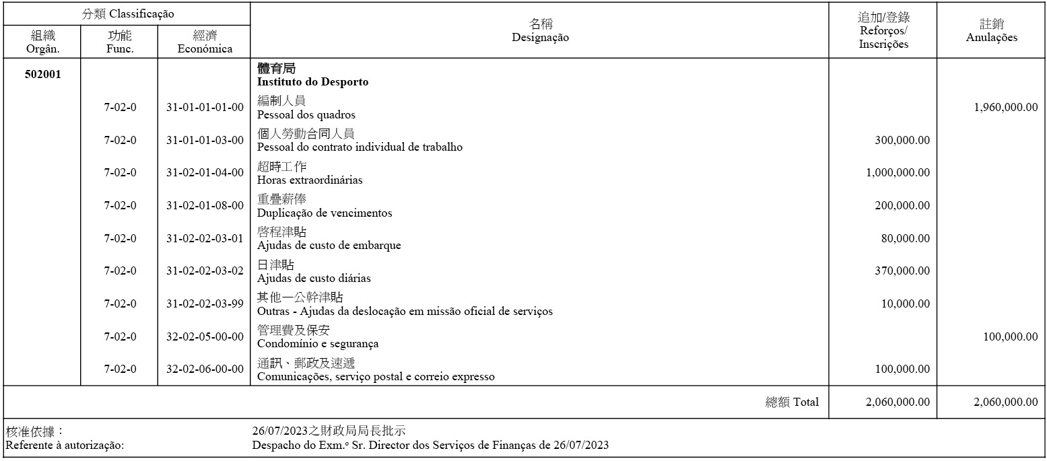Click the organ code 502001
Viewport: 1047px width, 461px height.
(x=42, y=75)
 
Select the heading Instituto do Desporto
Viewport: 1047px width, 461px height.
(x=312, y=82)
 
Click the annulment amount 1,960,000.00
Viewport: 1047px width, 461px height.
(x=1005, y=108)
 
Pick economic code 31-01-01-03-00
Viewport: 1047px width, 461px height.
(x=205, y=141)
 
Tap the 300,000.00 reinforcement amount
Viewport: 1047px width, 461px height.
(x=902, y=141)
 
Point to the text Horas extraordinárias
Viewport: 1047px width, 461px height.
(x=310, y=180)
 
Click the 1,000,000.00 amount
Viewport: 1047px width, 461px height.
(x=898, y=173)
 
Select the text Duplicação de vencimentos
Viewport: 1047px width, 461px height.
(x=325, y=213)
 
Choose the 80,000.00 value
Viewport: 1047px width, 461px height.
(x=905, y=239)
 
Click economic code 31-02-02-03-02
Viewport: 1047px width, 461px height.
(x=205, y=271)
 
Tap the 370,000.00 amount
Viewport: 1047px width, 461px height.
(x=902, y=271)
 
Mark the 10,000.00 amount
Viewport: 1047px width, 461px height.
(x=905, y=304)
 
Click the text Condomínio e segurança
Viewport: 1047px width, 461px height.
(x=318, y=344)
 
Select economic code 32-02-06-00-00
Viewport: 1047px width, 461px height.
(x=205, y=369)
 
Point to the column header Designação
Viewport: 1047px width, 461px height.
(x=540, y=38)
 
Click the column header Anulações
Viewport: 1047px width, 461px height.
(x=991, y=38)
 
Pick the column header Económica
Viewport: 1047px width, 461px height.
(x=205, y=48)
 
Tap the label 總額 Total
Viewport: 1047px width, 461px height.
(x=792, y=402)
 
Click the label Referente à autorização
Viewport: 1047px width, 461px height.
(x=65, y=446)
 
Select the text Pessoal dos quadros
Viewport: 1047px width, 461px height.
(x=306, y=115)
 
